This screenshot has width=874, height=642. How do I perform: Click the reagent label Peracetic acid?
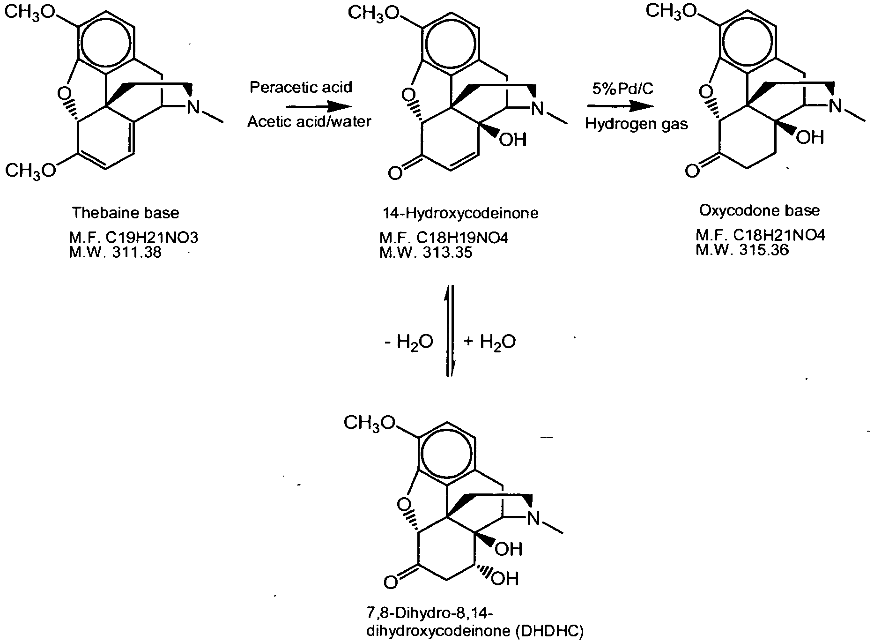300,88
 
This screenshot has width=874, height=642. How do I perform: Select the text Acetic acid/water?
309,122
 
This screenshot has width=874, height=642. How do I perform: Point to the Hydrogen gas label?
637,124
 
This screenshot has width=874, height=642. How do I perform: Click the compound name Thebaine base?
126,213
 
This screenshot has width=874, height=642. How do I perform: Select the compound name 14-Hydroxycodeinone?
460,214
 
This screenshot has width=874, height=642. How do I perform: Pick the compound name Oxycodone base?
760,210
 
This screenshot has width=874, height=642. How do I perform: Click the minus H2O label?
408,342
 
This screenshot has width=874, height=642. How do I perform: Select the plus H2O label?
490,342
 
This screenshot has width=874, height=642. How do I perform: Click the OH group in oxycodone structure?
810,137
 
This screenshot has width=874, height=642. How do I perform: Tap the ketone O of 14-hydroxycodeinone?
395,174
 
